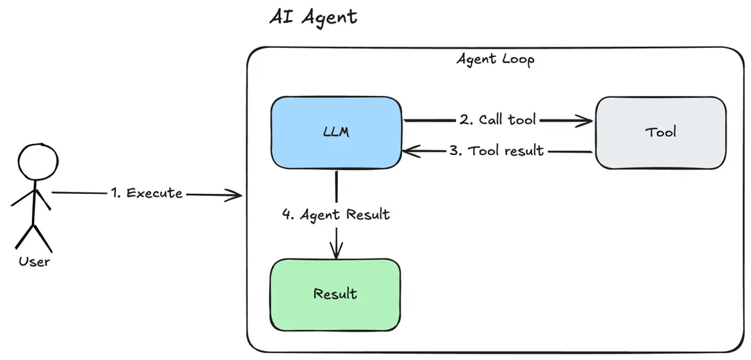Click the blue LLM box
(337, 132)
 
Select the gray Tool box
(661, 132)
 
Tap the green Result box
(335, 294)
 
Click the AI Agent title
(313, 17)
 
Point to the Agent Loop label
(495, 59)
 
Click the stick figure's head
(33, 161)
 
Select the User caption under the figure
(34, 262)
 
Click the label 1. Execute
(146, 193)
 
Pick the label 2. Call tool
(497, 120)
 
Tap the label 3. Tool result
(496, 151)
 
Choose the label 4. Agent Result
(336, 215)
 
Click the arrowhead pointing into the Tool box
(587, 121)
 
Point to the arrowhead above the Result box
(337, 253)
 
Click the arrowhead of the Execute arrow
(236, 195)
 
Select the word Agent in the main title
(330, 17)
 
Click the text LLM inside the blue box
(337, 132)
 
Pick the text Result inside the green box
(335, 294)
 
